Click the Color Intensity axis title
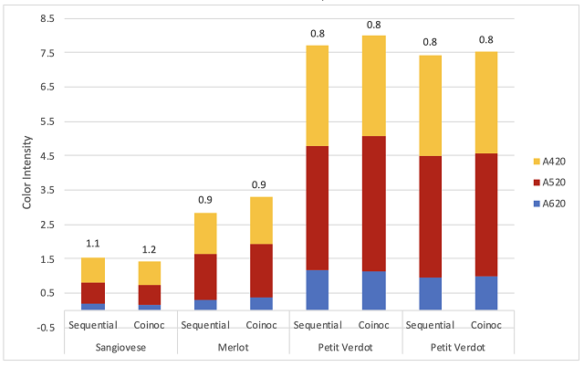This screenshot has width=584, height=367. tap(27, 173)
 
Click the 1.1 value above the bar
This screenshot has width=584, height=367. tap(92, 244)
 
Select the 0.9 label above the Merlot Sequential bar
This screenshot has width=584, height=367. tap(205, 199)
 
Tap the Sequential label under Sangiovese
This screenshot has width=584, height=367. tap(92, 325)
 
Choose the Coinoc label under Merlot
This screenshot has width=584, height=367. tap(261, 325)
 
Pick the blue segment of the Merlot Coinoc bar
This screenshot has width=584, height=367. tap(261, 303)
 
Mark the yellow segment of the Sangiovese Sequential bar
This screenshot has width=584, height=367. tap(92, 270)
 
